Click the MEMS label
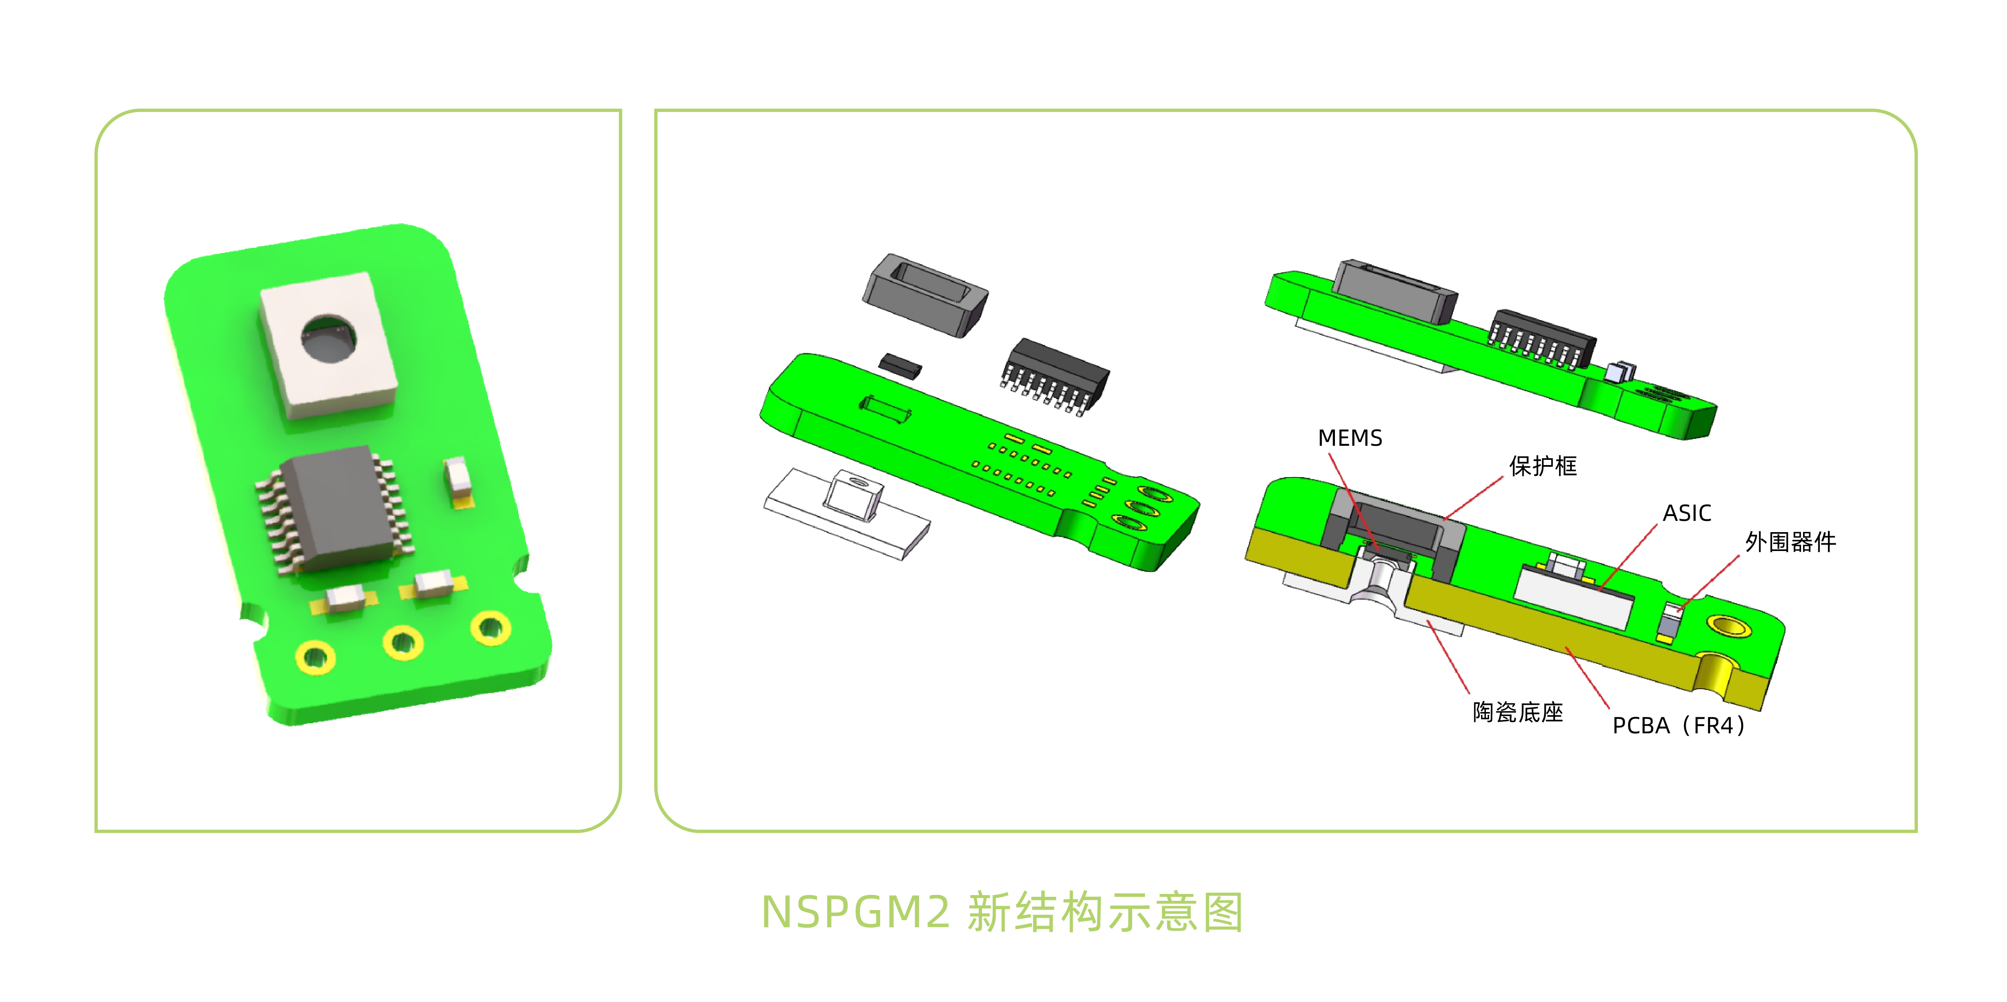(1349, 438)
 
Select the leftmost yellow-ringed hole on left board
(316, 657)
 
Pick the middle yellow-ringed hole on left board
(403, 643)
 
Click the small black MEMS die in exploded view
(900, 365)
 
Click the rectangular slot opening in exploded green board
(886, 408)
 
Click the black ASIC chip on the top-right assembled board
(1541, 335)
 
